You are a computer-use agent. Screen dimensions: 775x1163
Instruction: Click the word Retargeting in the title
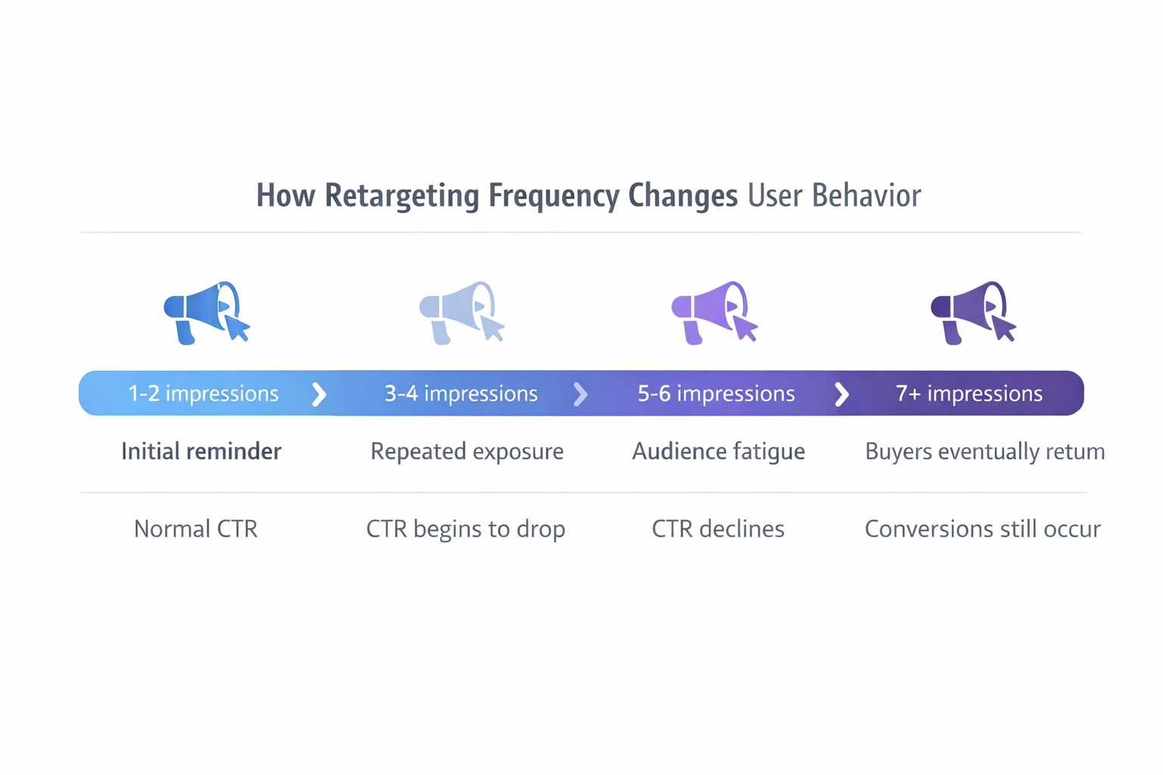[402, 196]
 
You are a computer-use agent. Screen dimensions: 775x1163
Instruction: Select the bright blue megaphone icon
[206, 313]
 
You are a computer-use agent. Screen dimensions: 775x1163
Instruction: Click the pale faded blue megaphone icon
[461, 313]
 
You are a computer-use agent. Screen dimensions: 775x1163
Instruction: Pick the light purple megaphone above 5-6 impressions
[714, 313]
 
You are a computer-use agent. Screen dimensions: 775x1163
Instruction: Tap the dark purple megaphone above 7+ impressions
[973, 313]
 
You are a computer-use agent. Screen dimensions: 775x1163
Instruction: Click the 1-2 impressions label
[203, 394]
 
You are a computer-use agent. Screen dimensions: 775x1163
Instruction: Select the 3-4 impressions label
[461, 394]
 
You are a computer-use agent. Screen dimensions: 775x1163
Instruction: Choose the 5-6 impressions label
[716, 394]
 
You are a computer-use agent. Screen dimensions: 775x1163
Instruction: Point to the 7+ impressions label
[969, 394]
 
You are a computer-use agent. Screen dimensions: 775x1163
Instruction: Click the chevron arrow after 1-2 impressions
[320, 394]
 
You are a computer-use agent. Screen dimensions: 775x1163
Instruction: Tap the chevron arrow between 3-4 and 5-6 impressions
[581, 394]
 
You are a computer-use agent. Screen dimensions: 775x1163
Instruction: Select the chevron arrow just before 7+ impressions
[841, 394]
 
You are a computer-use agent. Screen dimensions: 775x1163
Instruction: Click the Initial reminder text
[201, 452]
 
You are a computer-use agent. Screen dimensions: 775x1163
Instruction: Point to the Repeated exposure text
[466, 452]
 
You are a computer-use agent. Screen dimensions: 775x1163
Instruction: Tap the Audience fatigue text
[718, 452]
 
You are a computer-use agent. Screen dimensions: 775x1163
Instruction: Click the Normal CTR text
[195, 529]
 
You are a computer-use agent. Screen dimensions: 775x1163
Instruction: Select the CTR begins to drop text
[466, 529]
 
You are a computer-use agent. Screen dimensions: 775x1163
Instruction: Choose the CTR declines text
[718, 529]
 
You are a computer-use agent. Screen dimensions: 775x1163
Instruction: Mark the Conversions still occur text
[982, 529]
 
